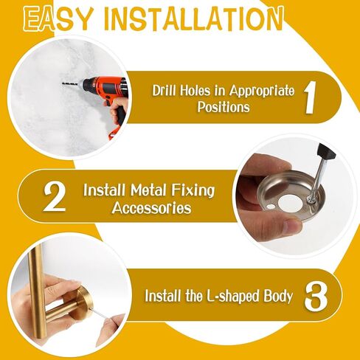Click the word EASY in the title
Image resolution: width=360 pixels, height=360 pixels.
click(x=56, y=18)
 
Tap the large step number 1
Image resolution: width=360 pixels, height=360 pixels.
click(x=310, y=97)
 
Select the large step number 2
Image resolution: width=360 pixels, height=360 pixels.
click(x=55, y=197)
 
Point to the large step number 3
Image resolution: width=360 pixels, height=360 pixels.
click(x=316, y=297)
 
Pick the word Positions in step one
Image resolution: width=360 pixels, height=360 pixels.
click(x=224, y=107)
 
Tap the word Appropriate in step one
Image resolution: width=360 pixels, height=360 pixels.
click(x=262, y=91)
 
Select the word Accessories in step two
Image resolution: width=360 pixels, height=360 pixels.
click(x=152, y=208)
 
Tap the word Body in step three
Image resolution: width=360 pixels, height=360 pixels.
click(x=278, y=297)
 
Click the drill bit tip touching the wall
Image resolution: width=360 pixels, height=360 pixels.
click(x=63, y=83)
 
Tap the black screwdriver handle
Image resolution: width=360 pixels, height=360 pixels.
click(x=326, y=153)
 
